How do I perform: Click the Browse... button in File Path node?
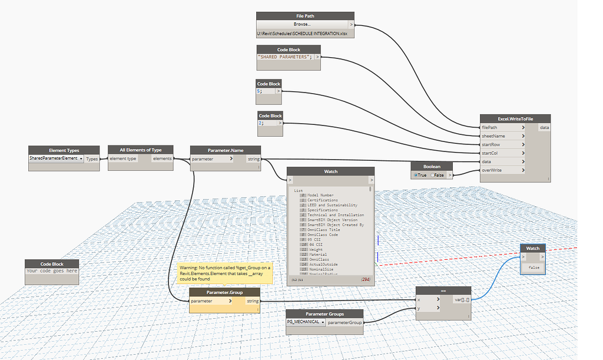302,24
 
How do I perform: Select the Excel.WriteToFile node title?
515,118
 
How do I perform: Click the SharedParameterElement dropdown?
57,159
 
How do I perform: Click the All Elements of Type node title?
140,150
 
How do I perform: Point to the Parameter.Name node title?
225,150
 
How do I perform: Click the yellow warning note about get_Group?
226,273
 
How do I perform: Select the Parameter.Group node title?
224,292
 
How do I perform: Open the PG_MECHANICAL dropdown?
306,322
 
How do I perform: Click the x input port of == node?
428,299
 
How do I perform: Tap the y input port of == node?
428,308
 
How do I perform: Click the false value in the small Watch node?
534,267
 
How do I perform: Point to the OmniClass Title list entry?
324,229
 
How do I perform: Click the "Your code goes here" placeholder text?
52,271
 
